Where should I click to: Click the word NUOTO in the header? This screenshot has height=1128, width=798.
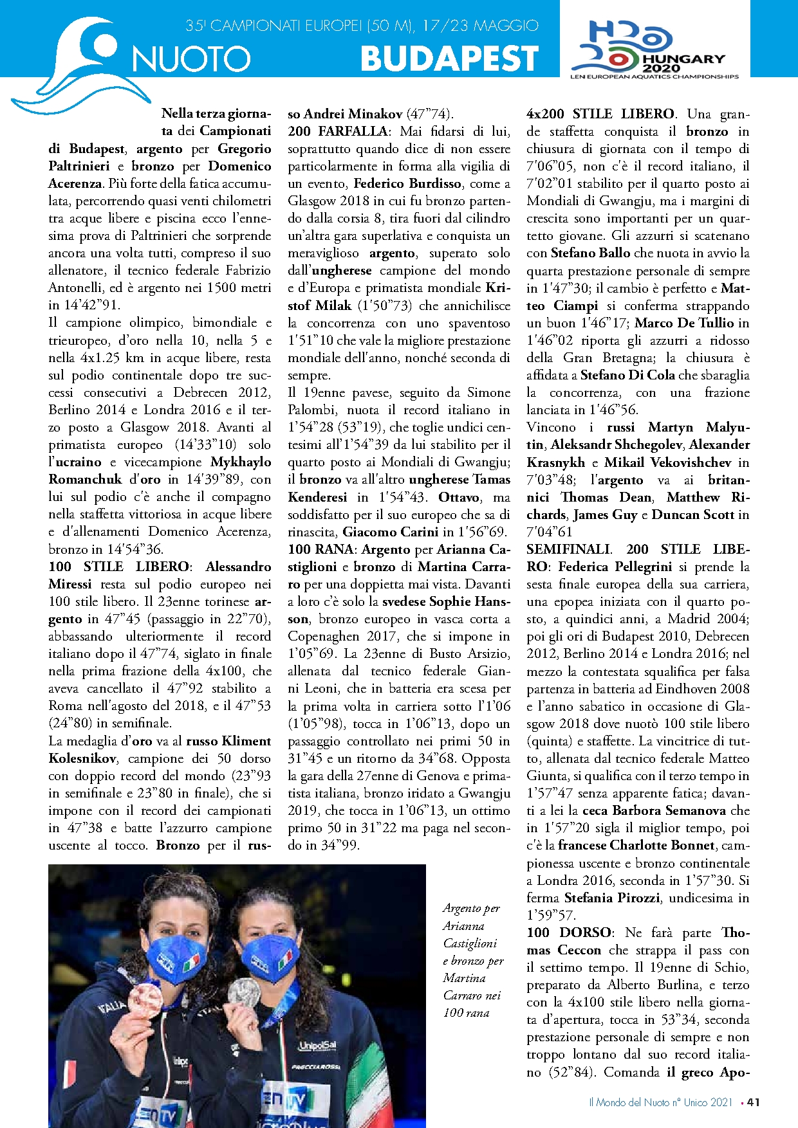coord(191,60)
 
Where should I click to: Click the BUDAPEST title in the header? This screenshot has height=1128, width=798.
coord(449,59)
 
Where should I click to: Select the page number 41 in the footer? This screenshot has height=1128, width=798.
coord(754,1102)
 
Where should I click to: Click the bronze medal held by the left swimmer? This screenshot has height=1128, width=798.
coord(145,1001)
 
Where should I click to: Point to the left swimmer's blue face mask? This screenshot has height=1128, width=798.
coord(175,958)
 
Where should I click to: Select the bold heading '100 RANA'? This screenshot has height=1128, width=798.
coord(320,549)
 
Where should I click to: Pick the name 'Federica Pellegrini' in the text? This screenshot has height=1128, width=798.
coord(615,567)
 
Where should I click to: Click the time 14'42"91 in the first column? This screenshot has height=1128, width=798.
coord(84,305)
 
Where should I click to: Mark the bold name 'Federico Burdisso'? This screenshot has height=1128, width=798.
coord(407,183)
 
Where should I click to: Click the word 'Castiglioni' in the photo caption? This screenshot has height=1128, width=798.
coord(470,943)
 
